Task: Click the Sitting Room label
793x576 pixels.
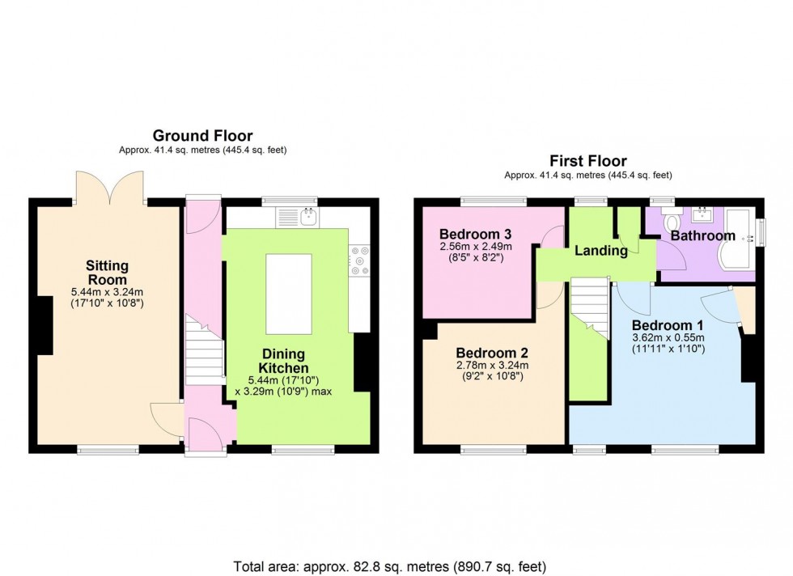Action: [x=108, y=273]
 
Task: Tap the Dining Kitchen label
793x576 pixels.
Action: [x=283, y=362]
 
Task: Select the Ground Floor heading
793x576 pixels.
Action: [x=202, y=136]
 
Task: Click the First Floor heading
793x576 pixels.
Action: [x=588, y=160]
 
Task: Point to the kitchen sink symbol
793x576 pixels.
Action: [x=308, y=216]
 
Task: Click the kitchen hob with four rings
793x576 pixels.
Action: [x=360, y=261]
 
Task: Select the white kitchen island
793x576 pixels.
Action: [x=289, y=294]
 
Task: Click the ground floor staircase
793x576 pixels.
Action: [x=204, y=348]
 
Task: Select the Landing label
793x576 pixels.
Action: [x=601, y=251]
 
